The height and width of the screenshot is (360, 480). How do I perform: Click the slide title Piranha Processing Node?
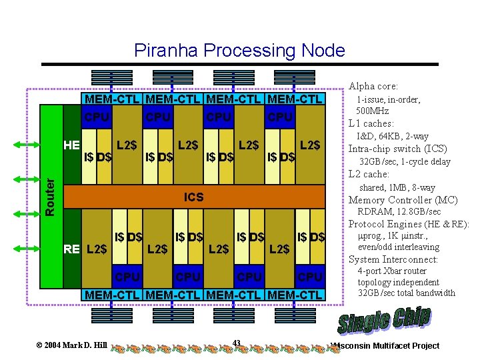(x=239, y=50)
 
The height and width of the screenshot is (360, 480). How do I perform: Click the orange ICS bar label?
(x=194, y=197)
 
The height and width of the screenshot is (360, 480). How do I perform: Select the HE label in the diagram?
(x=71, y=145)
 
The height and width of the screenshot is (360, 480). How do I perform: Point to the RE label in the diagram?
(x=71, y=249)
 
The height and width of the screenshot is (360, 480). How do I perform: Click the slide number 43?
(x=237, y=343)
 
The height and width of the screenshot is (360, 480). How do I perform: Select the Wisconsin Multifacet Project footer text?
(x=387, y=345)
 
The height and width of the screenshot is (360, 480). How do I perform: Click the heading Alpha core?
(x=373, y=86)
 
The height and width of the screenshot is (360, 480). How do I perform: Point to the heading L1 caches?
(x=371, y=123)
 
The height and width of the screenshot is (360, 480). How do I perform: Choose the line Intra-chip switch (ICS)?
(x=398, y=149)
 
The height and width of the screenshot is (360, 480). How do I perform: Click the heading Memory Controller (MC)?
(x=403, y=200)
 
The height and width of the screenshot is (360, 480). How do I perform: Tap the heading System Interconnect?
(x=393, y=259)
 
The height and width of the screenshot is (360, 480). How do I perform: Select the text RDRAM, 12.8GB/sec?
(x=399, y=212)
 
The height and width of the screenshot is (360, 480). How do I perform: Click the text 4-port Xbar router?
(x=392, y=271)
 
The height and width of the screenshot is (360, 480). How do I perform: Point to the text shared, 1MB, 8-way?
(x=397, y=187)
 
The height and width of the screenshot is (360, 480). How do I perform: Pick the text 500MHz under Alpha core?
(x=373, y=111)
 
